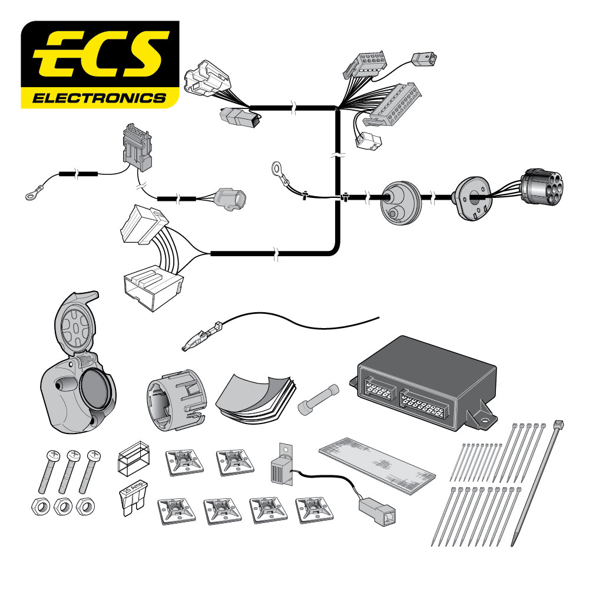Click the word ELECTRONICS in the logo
click(x=99, y=97)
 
